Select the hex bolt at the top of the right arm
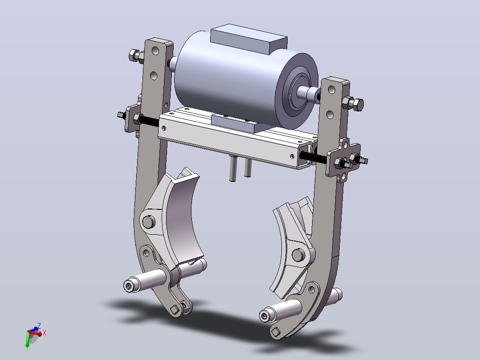coord(353,103)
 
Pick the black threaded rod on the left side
coord(147,120)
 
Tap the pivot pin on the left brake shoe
coord(149,222)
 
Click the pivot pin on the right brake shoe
coord(298,255)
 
